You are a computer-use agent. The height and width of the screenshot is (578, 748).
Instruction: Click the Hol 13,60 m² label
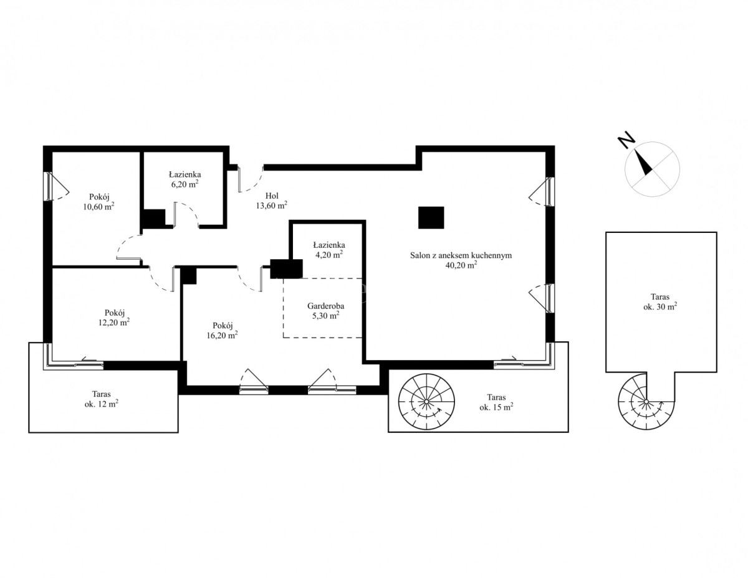pyautogui.click(x=271, y=201)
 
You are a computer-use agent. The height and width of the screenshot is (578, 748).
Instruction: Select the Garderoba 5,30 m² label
pyautogui.click(x=325, y=311)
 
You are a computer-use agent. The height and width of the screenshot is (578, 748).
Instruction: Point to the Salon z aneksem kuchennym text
pyautogui.click(x=461, y=255)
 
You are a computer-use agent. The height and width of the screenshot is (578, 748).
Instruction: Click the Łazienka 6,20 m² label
pyautogui.click(x=185, y=179)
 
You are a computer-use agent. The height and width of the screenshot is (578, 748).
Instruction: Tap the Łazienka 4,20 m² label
pyautogui.click(x=328, y=250)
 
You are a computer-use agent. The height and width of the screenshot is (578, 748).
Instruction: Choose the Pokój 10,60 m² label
pyautogui.click(x=98, y=202)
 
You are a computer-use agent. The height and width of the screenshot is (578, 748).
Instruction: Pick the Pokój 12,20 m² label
pyautogui.click(x=114, y=318)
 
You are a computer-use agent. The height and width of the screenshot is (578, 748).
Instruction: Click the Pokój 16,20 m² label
pyautogui.click(x=222, y=330)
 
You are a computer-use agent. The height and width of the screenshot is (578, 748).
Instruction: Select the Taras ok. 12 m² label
pyautogui.click(x=102, y=399)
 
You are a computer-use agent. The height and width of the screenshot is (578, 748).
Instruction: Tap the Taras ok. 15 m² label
pyautogui.click(x=496, y=402)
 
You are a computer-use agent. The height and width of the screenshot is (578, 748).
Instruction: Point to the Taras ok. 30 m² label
pyautogui.click(x=660, y=301)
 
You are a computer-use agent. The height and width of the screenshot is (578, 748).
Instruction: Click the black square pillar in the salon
pyautogui.click(x=431, y=217)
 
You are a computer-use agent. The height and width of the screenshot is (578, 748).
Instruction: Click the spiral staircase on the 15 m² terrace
pyautogui.click(x=426, y=401)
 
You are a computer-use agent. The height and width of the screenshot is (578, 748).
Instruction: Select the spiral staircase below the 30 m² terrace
pyautogui.click(x=646, y=401)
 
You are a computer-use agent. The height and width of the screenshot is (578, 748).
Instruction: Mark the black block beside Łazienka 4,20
pyautogui.click(x=286, y=268)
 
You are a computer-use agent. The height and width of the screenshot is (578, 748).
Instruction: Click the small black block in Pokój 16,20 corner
pyautogui.click(x=188, y=276)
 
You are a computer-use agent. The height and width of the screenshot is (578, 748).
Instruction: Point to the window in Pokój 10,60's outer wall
pyautogui.click(x=49, y=186)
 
